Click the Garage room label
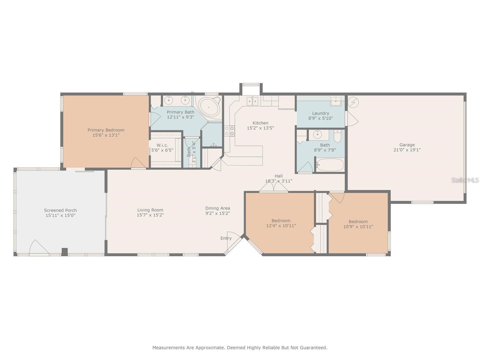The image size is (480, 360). click(407, 145)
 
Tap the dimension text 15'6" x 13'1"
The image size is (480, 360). click(106, 135)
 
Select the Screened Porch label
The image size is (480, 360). click(60, 210)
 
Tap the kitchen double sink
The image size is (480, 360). click(252, 101)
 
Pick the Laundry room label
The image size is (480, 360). click(321, 113)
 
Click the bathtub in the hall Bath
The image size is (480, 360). click(330, 165)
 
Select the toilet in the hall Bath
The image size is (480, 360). click(337, 136)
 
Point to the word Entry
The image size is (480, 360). click(226, 238)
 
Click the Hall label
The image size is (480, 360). click(279, 176)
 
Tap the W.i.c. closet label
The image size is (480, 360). click(162, 145)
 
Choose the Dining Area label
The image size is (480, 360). click(217, 208)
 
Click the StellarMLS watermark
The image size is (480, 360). click(465, 180)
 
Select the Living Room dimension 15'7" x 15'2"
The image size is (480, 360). click(150, 215)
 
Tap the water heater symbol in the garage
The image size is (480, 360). click(353, 102)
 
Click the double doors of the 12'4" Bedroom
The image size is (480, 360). click(274, 187)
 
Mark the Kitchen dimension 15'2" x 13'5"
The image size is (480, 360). click(260, 128)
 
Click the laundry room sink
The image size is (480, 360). click(335, 101)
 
